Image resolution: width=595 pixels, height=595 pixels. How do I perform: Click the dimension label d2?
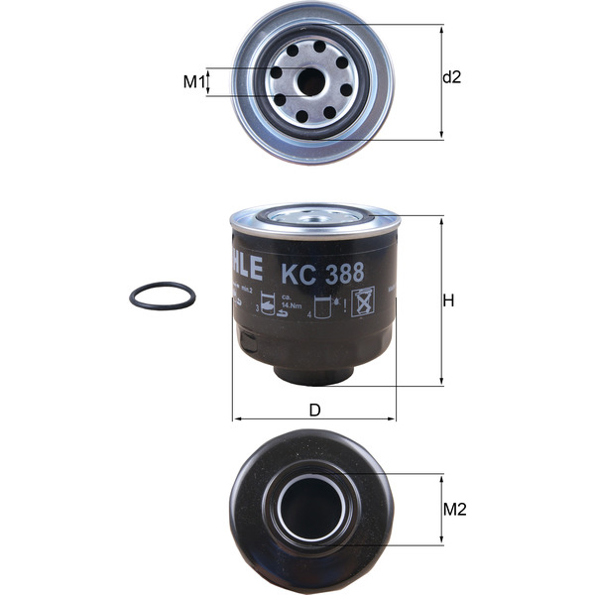[x=451, y=77]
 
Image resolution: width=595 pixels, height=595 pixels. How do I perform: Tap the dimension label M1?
[x=192, y=81]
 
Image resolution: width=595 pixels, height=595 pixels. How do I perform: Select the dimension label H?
[x=448, y=300]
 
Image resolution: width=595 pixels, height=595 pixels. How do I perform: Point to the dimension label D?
[x=314, y=409]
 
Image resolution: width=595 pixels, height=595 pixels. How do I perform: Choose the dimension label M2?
[x=454, y=510]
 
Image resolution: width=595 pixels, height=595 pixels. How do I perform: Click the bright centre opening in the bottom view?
[x=309, y=509]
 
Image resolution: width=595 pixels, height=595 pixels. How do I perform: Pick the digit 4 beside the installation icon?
[x=309, y=314]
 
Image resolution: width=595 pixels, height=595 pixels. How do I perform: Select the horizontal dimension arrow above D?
[x=313, y=419]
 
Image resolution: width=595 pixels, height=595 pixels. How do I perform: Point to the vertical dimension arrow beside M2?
[x=440, y=510]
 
